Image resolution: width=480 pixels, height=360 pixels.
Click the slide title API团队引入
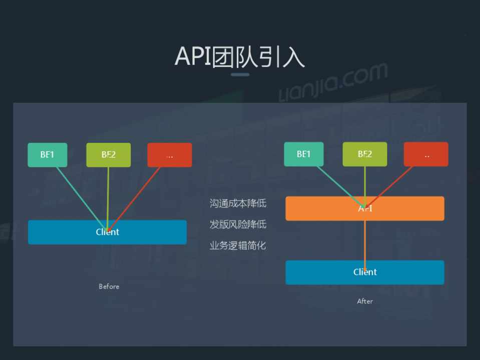coord(239,56)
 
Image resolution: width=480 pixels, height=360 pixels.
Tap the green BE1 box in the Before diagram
coord(47,155)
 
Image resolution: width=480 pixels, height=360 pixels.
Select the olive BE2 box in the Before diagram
coord(108,155)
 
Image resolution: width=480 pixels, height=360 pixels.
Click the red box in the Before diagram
coord(170,155)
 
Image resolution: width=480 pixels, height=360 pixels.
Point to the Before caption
coord(109,286)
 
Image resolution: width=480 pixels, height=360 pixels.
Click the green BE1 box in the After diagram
coord(303,154)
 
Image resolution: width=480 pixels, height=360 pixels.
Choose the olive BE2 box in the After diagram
coord(365,154)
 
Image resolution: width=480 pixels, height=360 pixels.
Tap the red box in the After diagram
coord(426,154)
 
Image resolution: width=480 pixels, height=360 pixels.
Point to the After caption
coord(365,301)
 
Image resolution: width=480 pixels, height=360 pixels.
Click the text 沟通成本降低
coord(238,203)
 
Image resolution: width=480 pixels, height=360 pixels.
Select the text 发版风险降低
coord(238,224)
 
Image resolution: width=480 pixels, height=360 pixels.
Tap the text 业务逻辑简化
coord(238,245)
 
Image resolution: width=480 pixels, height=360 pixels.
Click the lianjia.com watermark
coord(333,82)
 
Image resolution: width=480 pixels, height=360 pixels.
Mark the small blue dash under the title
coord(240,75)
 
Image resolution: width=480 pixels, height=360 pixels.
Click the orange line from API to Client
coord(365,240)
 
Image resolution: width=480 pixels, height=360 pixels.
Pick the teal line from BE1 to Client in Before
coord(80,195)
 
